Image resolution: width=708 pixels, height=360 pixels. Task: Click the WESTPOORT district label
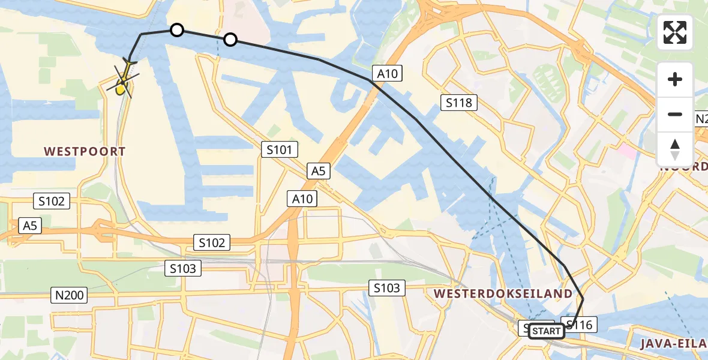coord(84,151)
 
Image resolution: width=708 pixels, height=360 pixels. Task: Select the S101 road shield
coord(279,149)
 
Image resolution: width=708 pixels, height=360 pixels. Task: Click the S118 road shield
coord(458,103)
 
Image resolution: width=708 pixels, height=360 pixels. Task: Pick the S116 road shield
coord(579,325)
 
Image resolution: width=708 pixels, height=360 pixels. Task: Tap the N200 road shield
coord(69,295)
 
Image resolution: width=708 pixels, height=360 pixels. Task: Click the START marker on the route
coord(546,331)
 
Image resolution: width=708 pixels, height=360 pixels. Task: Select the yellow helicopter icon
coord(122,84)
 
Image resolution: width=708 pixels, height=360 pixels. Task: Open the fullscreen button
coord(675,32)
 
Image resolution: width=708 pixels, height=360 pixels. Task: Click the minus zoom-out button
coord(675,114)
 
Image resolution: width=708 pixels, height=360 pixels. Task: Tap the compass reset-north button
coord(675,149)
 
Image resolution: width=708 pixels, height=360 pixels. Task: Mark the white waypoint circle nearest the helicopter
coord(176,30)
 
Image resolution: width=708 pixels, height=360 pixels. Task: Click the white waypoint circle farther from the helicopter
coord(230,40)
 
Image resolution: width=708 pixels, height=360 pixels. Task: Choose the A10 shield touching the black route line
coord(387,73)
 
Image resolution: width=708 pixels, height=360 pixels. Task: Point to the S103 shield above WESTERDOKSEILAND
coord(386,288)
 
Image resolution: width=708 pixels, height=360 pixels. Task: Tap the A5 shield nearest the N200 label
coord(30,225)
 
